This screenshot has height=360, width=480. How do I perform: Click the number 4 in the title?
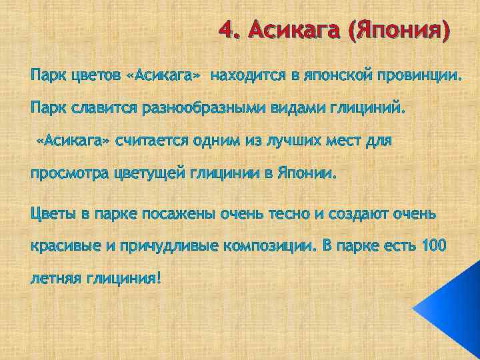[227, 31]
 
